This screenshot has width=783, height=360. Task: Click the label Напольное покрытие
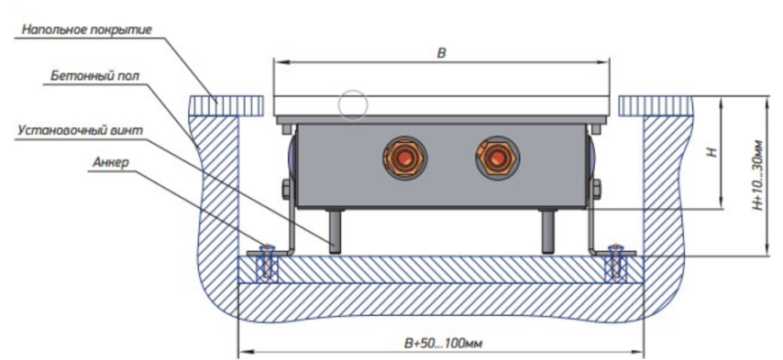pos(86,30)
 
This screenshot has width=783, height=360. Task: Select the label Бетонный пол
pos(94,76)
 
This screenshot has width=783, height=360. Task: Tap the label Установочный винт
pos(80,130)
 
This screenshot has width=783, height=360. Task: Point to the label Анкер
pos(111,162)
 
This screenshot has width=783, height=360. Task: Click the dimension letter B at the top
pos(441,53)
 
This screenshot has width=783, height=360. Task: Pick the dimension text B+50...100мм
pos(443,344)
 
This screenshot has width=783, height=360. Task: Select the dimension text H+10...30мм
pos(759,175)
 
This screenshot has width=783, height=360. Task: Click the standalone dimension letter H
pos(715,151)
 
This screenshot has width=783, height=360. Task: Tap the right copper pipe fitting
pos(498,157)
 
